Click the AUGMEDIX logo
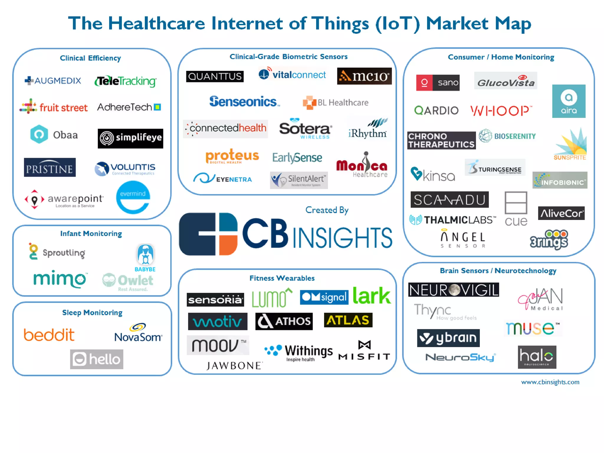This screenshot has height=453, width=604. pyautogui.click(x=53, y=81)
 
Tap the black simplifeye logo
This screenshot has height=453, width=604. pyautogui.click(x=130, y=138)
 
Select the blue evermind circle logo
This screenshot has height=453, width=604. pyautogui.click(x=133, y=197)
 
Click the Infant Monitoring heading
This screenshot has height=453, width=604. pyautogui.click(x=91, y=234)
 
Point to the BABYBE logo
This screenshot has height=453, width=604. pyautogui.click(x=145, y=258)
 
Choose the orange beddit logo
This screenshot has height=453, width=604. pyautogui.click(x=49, y=335)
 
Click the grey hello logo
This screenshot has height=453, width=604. pyautogui.click(x=96, y=359)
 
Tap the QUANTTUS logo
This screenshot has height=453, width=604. pyautogui.click(x=215, y=76)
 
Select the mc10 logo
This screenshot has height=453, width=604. pyautogui.click(x=364, y=76)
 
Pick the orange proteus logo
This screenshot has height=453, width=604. pyautogui.click(x=232, y=156)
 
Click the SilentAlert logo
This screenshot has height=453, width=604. pyautogui.click(x=299, y=180)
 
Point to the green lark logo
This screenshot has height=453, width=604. pyautogui.click(x=372, y=296)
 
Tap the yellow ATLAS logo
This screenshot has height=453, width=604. pyautogui.click(x=348, y=320)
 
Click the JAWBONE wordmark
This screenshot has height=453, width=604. pyautogui.click(x=234, y=366)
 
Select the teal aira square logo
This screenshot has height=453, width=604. pyautogui.click(x=569, y=101)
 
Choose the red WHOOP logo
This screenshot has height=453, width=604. pyautogui.click(x=501, y=111)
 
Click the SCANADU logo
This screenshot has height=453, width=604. pyautogui.click(x=449, y=200)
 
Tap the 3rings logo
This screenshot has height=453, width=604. pyautogui.click(x=549, y=239)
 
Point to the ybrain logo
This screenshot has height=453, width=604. pyautogui.click(x=448, y=338)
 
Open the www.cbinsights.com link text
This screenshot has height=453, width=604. pyautogui.click(x=550, y=382)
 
